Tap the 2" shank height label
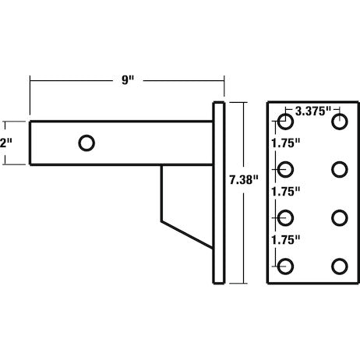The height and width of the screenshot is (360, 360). click(6, 143)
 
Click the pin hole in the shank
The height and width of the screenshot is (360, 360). click(87, 143)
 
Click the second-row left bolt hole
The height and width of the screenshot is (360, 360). click(286, 169)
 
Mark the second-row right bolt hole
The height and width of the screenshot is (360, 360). click(339, 169)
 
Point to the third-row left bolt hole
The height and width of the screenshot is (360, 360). click(286, 217)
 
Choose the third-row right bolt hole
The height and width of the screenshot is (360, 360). click(339, 217)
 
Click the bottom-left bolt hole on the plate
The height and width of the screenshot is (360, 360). click(286, 266)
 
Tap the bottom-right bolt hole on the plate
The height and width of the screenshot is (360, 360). click(339, 266)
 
